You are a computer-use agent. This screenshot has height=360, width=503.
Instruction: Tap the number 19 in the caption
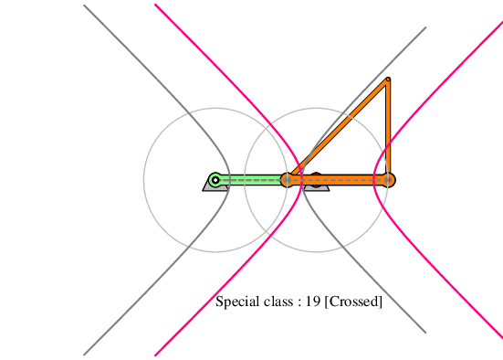point(312,302)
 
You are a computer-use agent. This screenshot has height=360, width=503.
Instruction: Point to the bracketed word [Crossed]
point(353,302)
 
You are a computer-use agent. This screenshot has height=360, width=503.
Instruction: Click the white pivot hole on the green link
point(215,180)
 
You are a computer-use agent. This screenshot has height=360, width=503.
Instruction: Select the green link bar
point(251,180)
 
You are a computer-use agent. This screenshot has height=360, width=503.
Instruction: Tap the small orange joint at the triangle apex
point(388,79)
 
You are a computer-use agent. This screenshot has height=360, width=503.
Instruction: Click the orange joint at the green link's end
point(288,180)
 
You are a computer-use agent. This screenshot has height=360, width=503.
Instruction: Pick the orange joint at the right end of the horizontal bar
point(388,180)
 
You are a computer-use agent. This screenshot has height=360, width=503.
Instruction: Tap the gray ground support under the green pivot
point(215,187)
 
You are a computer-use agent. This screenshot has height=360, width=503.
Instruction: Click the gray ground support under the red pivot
point(316,188)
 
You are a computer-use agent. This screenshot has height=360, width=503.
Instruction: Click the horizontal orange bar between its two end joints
point(338,180)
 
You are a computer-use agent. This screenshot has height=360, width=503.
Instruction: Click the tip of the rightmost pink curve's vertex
point(374,180)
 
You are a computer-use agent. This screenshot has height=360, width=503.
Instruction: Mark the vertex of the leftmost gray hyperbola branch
point(229,180)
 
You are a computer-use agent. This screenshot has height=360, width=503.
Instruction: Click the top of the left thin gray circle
point(215,108)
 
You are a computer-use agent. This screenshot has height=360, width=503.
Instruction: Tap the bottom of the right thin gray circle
point(316,252)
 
